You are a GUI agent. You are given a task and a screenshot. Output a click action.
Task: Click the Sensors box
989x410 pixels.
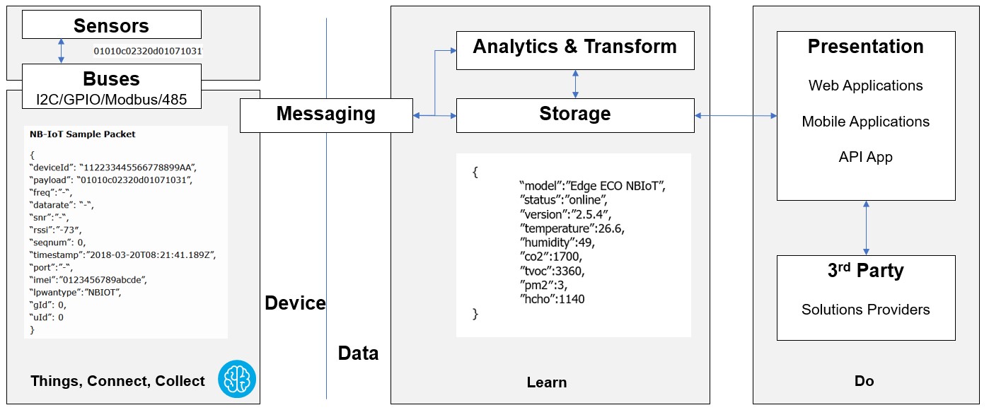click(112, 24)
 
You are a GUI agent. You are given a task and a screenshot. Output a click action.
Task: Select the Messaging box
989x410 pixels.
click(326, 115)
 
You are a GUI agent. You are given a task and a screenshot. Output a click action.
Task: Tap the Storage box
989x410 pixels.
click(575, 115)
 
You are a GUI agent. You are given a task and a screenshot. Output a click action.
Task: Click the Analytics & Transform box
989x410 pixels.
click(575, 50)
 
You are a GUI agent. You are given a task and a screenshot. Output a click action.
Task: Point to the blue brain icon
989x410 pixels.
click(237, 379)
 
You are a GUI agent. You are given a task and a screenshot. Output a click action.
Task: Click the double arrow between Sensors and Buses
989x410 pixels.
click(62, 51)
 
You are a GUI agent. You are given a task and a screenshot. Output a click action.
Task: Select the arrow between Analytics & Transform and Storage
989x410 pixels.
click(575, 84)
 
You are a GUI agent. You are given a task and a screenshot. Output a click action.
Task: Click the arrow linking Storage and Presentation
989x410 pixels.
click(736, 116)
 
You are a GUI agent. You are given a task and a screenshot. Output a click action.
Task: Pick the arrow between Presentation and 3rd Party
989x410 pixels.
click(866, 228)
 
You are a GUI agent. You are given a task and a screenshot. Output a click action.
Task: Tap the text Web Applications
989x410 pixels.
click(865, 85)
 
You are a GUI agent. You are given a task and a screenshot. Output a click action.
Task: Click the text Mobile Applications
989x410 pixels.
click(865, 122)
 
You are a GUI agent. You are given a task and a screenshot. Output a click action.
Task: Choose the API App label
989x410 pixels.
click(865, 157)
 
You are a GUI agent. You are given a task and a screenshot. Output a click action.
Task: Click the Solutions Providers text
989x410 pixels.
click(865, 310)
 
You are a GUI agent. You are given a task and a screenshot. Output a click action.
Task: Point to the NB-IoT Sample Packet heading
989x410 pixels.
click(83, 134)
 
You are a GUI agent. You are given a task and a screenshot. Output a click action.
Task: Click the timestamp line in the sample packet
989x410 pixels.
click(123, 254)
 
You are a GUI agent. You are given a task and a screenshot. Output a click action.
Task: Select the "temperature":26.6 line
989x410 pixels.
click(572, 228)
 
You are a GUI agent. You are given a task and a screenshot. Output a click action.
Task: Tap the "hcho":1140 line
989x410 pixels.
click(553, 299)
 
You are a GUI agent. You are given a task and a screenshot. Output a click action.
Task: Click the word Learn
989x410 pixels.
click(547, 382)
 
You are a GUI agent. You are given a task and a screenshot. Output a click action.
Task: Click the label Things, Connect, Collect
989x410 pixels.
click(118, 381)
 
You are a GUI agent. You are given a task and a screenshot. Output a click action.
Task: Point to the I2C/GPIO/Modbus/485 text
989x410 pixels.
click(112, 99)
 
